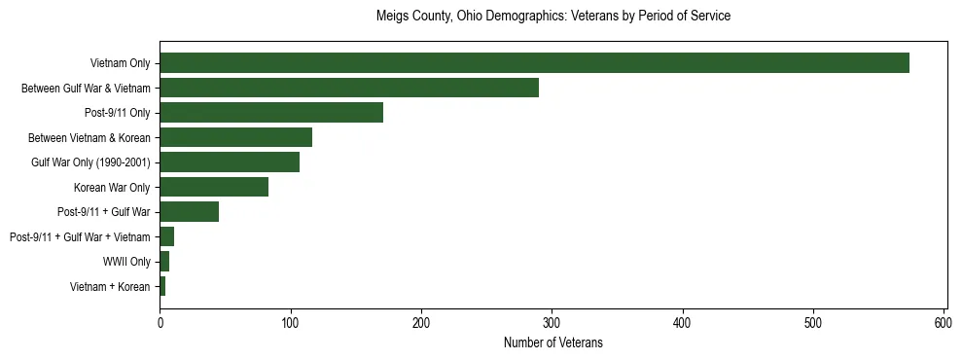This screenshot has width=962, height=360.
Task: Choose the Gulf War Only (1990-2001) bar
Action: [230, 162]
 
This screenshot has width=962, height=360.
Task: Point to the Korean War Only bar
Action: [214, 187]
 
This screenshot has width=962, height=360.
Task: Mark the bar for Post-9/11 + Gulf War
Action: [189, 211]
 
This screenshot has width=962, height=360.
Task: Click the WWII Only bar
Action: [164, 261]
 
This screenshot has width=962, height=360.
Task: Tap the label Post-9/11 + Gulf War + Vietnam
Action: [80, 236]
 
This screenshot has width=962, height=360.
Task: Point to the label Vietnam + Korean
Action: [110, 286]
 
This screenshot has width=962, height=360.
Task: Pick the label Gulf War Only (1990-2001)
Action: [90, 162]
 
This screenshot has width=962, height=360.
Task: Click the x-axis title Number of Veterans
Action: [552, 342]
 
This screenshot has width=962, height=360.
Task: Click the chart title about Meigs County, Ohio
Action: [552, 17]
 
